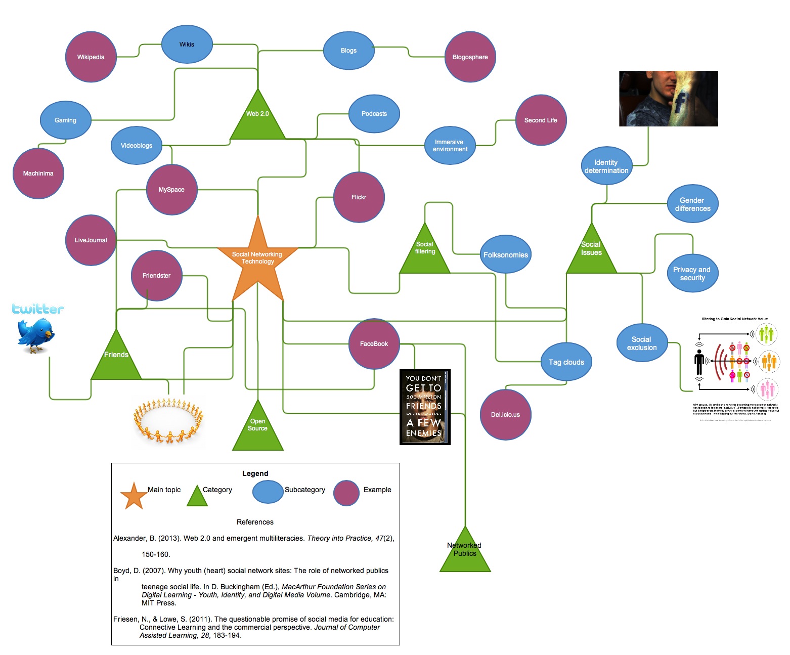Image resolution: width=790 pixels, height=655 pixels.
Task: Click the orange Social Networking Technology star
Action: tap(257, 260)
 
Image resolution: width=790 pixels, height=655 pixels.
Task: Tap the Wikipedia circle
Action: tap(91, 57)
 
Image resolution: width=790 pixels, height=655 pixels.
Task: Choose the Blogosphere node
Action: tap(470, 57)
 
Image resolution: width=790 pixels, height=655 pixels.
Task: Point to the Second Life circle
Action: tap(541, 120)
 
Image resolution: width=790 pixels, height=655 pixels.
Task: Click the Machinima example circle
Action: tap(38, 173)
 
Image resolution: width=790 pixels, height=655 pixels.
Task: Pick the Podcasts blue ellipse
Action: tap(374, 114)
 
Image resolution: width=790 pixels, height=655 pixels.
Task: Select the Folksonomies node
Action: tap(505, 255)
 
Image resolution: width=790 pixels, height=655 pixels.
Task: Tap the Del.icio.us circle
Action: tap(505, 415)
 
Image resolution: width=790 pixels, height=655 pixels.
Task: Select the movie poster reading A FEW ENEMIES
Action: tap(425, 407)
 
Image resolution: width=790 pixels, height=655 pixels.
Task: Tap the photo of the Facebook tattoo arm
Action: tap(668, 99)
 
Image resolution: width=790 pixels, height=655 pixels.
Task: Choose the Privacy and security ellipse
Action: tap(692, 274)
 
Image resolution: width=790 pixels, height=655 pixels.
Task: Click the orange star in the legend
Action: tap(134, 496)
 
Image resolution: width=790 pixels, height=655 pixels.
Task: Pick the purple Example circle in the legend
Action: tap(346, 493)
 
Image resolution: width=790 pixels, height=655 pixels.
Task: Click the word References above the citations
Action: tap(255, 522)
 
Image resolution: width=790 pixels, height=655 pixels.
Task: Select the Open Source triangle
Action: tap(257, 430)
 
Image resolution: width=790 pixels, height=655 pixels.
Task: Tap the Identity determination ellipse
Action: tap(606, 166)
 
